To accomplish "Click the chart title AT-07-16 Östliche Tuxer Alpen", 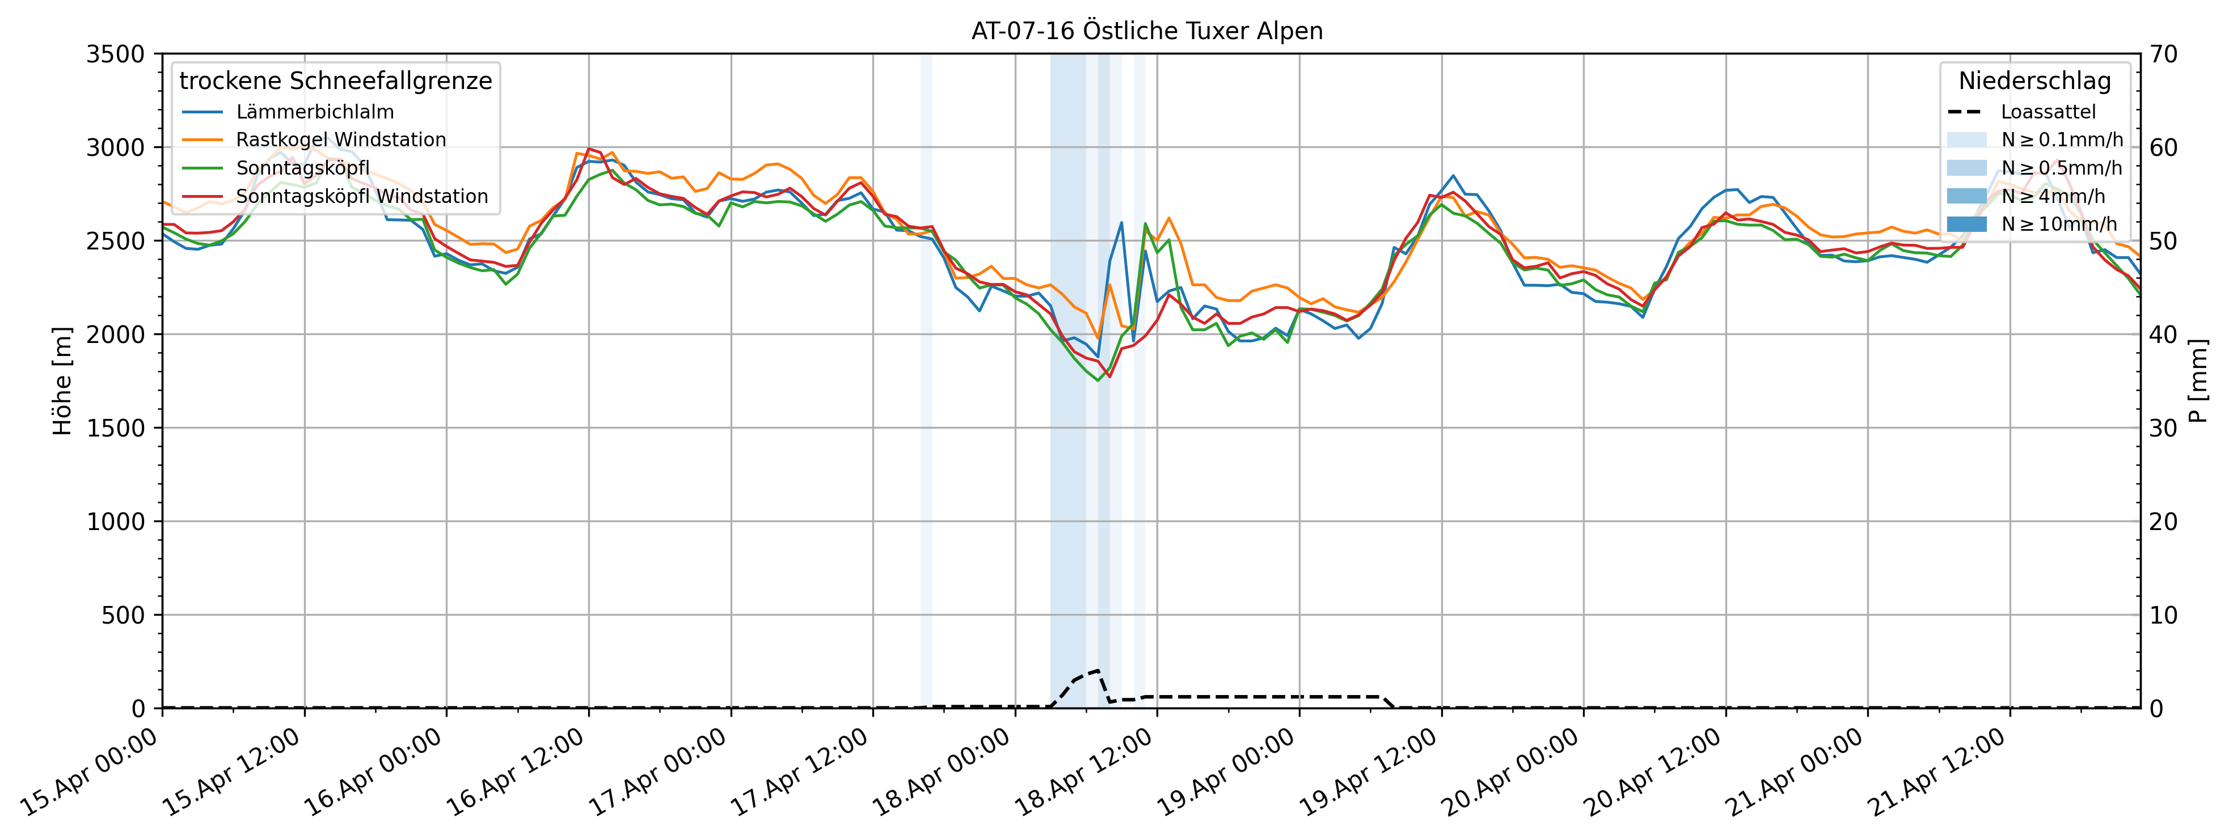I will click(1146, 31).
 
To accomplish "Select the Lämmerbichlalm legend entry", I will click(314, 112).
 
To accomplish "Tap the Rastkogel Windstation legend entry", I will click(340, 139).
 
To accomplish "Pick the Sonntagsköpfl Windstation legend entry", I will click(362, 196).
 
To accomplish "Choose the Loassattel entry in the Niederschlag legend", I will click(2048, 112).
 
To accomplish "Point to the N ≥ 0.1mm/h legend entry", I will click(2061, 139).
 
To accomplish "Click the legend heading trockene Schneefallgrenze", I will click(336, 80).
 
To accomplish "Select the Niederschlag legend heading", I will click(2034, 80).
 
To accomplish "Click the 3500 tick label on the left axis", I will click(115, 54).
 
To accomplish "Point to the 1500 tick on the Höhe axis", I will click(115, 428).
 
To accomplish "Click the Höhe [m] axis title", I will click(62, 380).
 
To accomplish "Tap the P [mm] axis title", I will click(2199, 380).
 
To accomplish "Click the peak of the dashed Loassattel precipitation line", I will click(1097, 670).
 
